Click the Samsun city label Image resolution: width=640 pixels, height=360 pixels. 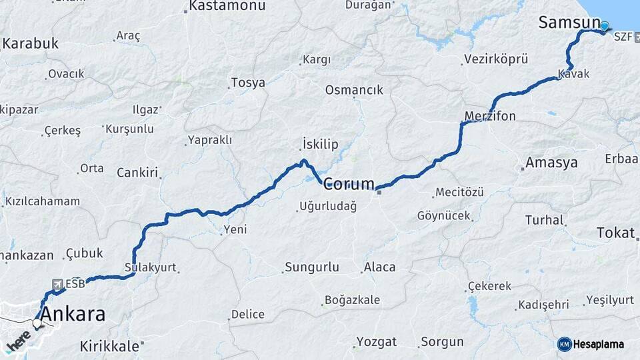(x=569, y=22)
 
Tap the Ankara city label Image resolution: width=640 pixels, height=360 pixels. (x=73, y=314)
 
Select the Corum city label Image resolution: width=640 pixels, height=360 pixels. (x=349, y=184)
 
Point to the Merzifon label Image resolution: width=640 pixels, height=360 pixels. (x=490, y=117)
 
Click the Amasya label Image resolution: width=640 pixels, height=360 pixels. (x=551, y=163)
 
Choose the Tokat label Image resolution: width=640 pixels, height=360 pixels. (x=615, y=233)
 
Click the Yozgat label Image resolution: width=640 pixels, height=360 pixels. (x=376, y=342)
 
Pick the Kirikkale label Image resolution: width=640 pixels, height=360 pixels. (x=109, y=346)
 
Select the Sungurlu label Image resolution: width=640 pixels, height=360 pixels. (x=311, y=267)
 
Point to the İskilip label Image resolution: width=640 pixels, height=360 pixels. (x=320, y=145)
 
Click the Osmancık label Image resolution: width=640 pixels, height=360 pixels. (x=354, y=90)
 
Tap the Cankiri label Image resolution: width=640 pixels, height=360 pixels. (x=137, y=173)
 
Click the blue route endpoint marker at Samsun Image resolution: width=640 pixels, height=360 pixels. (x=605, y=27)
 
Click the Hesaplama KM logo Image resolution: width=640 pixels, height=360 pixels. (x=591, y=344)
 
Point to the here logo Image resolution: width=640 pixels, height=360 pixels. (x=18, y=341)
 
